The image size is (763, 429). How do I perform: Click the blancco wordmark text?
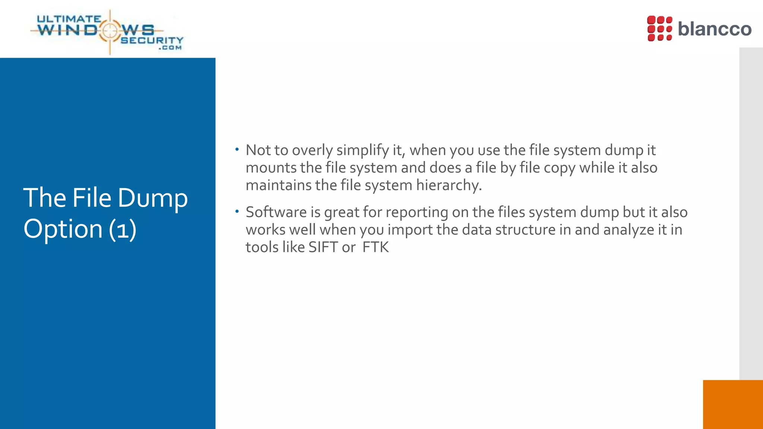point(714,29)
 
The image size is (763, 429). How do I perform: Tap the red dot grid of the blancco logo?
point(659,28)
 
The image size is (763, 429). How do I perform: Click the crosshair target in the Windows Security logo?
point(110,31)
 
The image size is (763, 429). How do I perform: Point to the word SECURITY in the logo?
point(152,40)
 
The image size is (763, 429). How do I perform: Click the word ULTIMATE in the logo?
point(69,19)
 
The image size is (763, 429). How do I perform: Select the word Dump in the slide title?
point(153,198)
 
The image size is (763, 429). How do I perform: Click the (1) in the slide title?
point(123,229)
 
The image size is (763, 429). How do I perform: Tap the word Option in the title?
point(63,229)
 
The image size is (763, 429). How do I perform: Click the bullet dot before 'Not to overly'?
point(237,150)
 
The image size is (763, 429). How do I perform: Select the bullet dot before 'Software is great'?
point(237,212)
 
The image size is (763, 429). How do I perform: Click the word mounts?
point(271,168)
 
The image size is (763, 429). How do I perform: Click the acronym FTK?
point(376,247)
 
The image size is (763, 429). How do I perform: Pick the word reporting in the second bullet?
point(417,213)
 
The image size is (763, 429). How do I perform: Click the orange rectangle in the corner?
point(732,404)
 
